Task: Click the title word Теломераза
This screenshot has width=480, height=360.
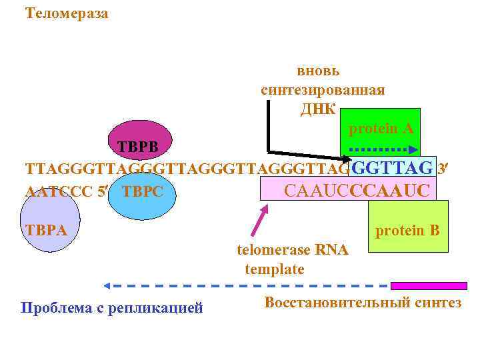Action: pyautogui.click(x=66, y=13)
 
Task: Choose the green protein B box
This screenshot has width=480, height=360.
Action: pyautogui.click(x=407, y=227)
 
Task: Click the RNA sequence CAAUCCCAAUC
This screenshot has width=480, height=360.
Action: pyautogui.click(x=357, y=191)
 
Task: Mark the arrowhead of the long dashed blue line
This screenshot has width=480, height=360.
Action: pyautogui.click(x=107, y=286)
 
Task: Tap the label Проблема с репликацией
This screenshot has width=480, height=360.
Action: pyautogui.click(x=112, y=308)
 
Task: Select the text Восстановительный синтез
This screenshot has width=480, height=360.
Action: pyautogui.click(x=363, y=303)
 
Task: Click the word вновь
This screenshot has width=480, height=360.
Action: pyautogui.click(x=319, y=71)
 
